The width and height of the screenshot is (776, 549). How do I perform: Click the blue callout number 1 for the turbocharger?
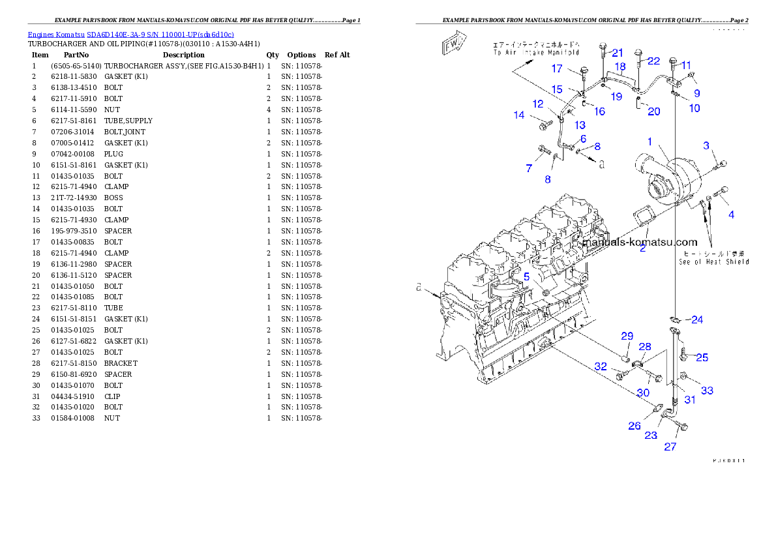[649, 141]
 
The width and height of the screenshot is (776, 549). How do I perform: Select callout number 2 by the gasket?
[642, 248]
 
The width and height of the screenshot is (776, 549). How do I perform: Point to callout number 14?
[519, 115]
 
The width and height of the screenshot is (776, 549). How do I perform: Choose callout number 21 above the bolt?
[618, 53]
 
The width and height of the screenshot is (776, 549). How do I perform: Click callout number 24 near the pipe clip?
[697, 319]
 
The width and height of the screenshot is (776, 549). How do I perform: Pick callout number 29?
[627, 336]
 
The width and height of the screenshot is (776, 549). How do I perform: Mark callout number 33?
[707, 391]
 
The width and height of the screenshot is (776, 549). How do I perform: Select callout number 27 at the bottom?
[670, 447]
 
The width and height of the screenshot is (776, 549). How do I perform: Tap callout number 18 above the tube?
[619, 67]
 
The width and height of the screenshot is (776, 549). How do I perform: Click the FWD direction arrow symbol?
[453, 44]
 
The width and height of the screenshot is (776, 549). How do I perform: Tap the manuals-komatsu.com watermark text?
[640, 243]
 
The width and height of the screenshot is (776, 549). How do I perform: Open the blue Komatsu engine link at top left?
[130, 34]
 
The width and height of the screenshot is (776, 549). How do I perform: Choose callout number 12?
[538, 104]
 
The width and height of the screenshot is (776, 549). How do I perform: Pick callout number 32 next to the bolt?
[601, 367]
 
